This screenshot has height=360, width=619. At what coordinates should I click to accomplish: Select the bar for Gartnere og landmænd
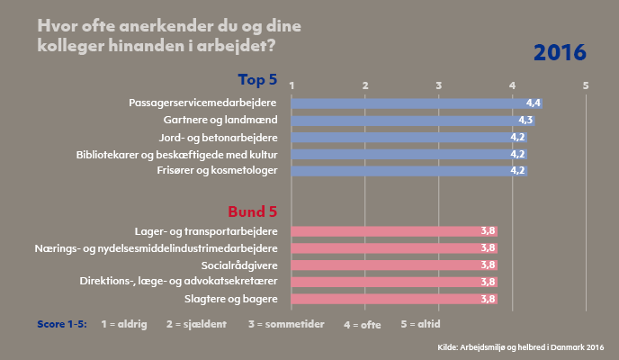(x=412, y=120)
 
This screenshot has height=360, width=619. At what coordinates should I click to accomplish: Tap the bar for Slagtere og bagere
(x=394, y=299)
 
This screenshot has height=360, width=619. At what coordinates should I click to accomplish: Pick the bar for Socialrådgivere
(x=394, y=265)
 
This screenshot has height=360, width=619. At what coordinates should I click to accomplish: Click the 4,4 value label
(x=533, y=103)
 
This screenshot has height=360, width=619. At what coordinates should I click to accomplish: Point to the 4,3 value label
(x=525, y=120)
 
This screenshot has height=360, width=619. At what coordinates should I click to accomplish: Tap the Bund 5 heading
(x=253, y=211)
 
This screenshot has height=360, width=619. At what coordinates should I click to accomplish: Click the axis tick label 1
(x=292, y=85)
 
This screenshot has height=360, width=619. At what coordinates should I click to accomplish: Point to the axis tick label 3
(x=439, y=85)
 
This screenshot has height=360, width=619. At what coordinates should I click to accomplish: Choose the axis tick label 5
(x=586, y=85)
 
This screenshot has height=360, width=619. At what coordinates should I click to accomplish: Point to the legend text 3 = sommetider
(x=287, y=322)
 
